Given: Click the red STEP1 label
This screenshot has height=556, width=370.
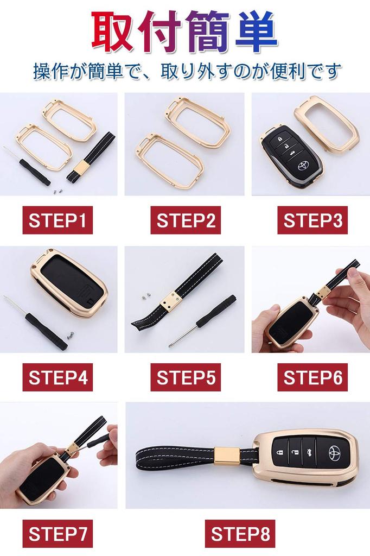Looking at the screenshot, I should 58,220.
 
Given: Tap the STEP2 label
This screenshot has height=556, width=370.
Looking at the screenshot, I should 186,220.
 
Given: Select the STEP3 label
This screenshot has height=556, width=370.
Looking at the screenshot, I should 312,220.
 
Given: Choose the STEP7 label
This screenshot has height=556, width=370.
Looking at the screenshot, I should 58,534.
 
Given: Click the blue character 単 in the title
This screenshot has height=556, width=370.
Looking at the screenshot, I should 256,34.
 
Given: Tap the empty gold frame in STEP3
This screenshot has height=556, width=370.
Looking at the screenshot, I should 327,123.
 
